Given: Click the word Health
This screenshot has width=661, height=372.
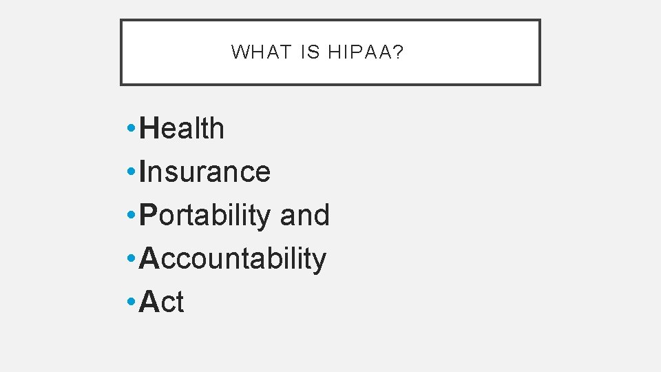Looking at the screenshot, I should (x=182, y=129).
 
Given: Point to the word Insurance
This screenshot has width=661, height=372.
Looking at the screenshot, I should (x=204, y=172).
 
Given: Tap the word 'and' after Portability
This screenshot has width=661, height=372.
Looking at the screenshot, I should (x=305, y=215).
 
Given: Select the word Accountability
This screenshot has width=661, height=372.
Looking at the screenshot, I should (x=233, y=258).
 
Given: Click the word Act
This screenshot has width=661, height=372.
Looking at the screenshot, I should (x=162, y=302).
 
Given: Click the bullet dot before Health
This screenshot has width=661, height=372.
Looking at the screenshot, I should (x=131, y=129).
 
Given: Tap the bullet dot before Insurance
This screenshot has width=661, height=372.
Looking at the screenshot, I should (x=131, y=172).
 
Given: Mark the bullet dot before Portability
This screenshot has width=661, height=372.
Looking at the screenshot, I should (x=131, y=216).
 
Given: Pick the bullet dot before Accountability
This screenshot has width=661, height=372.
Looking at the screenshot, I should (x=131, y=259).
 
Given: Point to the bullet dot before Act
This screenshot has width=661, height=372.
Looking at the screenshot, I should (x=131, y=302).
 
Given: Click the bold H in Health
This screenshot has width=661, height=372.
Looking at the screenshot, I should (x=149, y=129).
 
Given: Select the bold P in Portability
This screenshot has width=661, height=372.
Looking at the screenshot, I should (x=148, y=215).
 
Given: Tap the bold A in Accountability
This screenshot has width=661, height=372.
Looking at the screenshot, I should (x=149, y=258).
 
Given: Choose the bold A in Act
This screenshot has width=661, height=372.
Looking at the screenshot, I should (x=149, y=302).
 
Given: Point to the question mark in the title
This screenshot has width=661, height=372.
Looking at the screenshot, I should (x=399, y=52).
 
